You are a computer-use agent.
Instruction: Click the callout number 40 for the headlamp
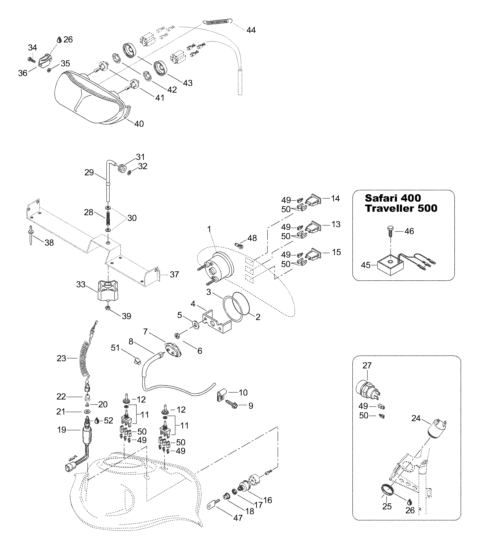139,124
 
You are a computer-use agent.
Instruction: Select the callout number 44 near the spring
251,30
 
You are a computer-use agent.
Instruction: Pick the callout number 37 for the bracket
174,274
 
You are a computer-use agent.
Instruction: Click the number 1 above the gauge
209,229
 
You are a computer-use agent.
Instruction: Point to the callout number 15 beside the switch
336,252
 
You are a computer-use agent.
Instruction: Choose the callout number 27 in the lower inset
367,365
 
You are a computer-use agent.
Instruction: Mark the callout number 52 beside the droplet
108,420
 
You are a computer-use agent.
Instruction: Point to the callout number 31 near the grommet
140,157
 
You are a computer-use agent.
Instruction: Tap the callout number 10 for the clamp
243,392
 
